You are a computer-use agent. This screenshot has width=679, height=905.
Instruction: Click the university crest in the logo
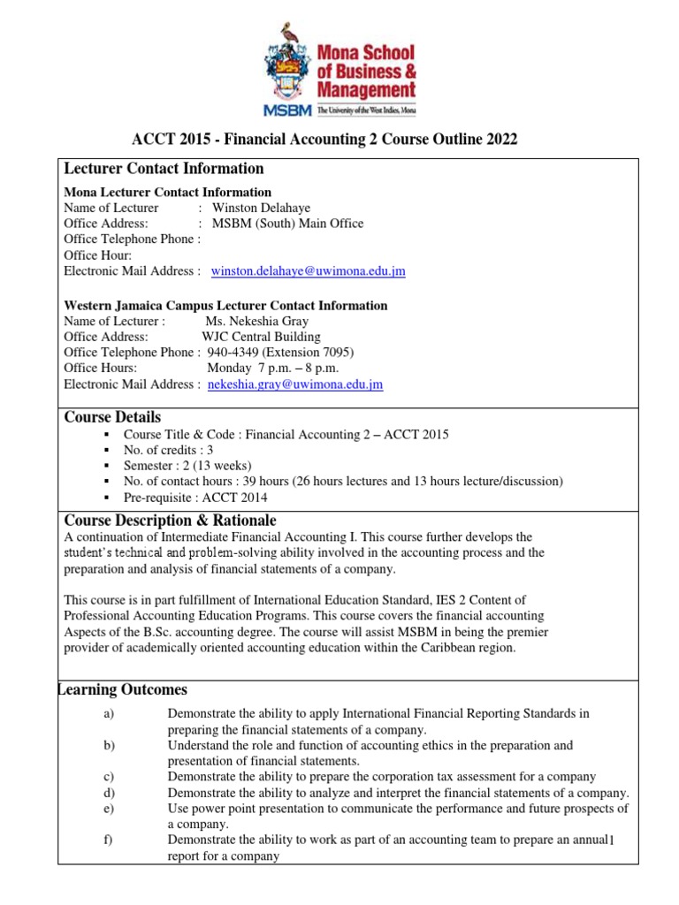coord(288,70)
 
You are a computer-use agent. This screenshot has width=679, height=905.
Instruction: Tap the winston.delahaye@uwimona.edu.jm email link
coord(308,271)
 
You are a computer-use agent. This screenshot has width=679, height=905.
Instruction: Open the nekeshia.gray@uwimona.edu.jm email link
coord(294,384)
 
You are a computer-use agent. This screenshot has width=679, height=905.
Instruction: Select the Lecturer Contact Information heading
coord(164,169)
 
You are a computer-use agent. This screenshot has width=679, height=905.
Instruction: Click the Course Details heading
coord(113,417)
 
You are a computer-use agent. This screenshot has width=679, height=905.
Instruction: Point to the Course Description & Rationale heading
coord(170,520)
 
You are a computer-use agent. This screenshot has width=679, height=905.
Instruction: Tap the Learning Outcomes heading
coord(123,689)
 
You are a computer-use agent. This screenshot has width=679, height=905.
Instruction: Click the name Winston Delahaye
coord(268,208)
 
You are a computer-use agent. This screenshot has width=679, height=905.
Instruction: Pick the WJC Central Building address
coord(261,337)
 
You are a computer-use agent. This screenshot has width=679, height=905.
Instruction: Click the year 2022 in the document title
coord(500,141)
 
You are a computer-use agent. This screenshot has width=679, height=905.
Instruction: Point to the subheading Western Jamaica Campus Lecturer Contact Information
coord(225,305)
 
